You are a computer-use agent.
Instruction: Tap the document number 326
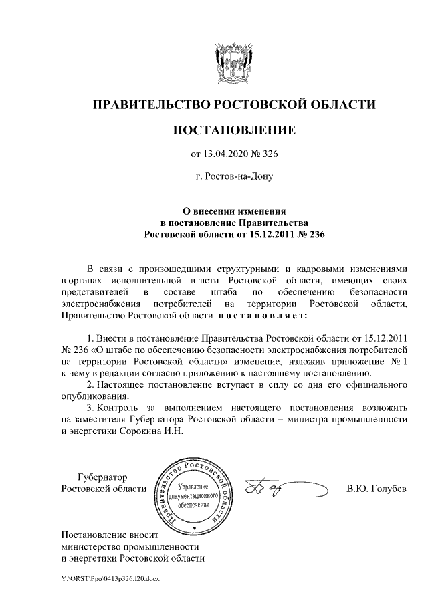click(x=268, y=155)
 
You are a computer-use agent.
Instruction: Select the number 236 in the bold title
click(x=314, y=235)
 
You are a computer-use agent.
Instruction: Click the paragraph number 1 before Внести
click(x=90, y=337)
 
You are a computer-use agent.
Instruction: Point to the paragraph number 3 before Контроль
click(x=90, y=408)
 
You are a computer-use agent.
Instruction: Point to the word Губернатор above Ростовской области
click(x=102, y=477)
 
